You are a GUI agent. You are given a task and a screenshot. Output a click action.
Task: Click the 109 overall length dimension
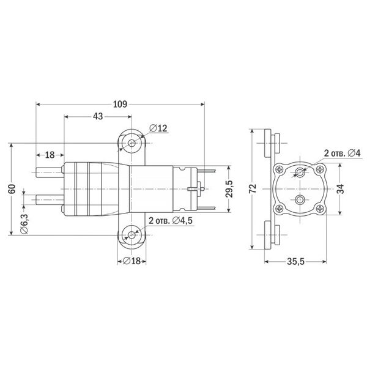pyautogui.click(x=120, y=105)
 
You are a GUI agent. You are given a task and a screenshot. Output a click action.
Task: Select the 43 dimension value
pyautogui.click(x=97, y=116)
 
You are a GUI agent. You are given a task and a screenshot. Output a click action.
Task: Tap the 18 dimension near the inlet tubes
pyautogui.click(x=50, y=155)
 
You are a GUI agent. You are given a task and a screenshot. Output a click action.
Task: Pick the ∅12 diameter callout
pyautogui.click(x=158, y=129)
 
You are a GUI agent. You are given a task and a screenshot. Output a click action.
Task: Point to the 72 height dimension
pyautogui.click(x=253, y=188)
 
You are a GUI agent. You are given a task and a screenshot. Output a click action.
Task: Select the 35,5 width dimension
pyautogui.click(x=295, y=262)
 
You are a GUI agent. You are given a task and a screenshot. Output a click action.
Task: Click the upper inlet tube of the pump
pyautogui.click(x=49, y=173)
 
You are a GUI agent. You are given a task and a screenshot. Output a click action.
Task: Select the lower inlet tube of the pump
pyautogui.click(x=49, y=199)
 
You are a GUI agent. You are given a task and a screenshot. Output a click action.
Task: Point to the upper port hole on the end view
pyautogui.click(x=299, y=172)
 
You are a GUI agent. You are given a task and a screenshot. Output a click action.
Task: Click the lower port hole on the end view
pyautogui.click(x=299, y=200)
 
